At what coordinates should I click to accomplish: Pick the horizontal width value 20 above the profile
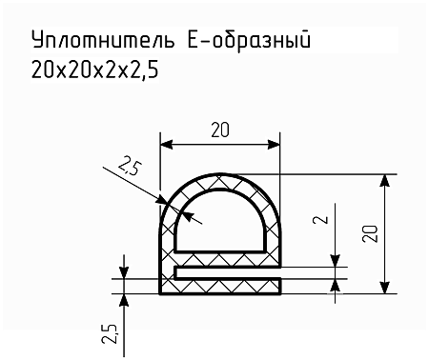(x=219, y=132)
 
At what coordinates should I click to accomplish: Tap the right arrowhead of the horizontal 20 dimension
(x=277, y=146)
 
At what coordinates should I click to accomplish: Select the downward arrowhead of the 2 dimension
(x=336, y=261)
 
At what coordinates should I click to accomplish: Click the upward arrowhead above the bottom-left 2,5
(x=124, y=298)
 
